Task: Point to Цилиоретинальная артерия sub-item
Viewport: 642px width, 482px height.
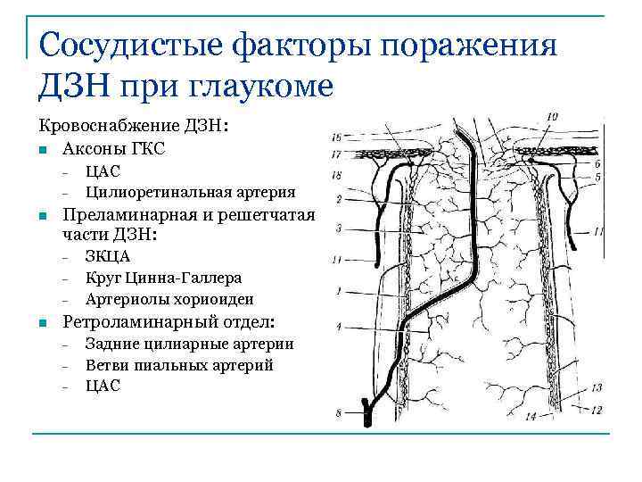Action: click(191, 191)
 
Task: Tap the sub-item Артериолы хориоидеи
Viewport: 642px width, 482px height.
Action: click(169, 299)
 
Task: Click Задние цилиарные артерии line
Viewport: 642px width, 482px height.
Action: click(190, 344)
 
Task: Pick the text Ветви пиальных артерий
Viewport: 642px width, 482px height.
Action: click(179, 365)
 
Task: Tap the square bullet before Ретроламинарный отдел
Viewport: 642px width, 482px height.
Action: click(43, 322)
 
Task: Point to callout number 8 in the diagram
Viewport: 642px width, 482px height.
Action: click(338, 412)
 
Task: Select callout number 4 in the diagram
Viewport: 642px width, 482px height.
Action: click(339, 327)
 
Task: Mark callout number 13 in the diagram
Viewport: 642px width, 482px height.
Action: click(596, 387)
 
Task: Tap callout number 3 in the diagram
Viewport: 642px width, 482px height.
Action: click(339, 229)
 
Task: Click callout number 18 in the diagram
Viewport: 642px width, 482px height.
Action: click(336, 176)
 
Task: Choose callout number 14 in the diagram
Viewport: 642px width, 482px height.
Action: click(531, 417)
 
